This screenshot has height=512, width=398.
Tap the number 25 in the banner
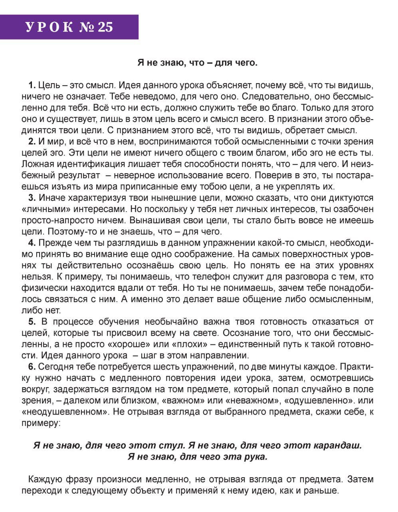[x=105, y=27]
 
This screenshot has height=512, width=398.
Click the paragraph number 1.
[x=32, y=85]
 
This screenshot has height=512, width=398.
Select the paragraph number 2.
[x=32, y=141]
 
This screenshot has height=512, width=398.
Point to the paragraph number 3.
[x=32, y=198]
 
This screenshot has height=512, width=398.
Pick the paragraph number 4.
[x=32, y=243]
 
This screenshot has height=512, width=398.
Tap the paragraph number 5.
[x=32, y=322]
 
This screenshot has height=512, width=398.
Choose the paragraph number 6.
[x=32, y=366]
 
